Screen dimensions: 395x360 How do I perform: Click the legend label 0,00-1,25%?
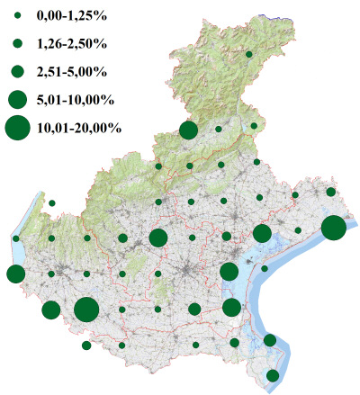[72, 16]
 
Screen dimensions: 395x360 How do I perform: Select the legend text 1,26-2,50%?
[72, 43]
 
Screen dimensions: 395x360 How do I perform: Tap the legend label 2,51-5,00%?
[72, 70]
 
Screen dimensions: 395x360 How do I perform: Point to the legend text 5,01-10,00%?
[76, 98]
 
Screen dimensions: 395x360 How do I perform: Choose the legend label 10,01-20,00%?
[79, 128]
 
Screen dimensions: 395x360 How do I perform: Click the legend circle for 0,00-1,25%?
[17, 16]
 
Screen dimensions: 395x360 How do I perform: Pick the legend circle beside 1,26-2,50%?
[17, 43]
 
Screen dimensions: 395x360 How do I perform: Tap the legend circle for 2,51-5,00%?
[17, 70]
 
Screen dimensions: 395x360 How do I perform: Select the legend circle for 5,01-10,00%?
[17, 98]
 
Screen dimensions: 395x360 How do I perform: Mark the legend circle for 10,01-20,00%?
[17, 128]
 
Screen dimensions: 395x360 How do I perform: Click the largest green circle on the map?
[86, 310]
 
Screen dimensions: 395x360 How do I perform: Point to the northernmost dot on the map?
[248, 55]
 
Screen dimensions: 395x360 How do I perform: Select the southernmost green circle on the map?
[273, 375]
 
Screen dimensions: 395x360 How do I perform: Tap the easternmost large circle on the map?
[333, 228]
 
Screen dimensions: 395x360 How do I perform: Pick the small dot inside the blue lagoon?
[265, 268]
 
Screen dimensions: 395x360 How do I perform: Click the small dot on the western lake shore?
[17, 238]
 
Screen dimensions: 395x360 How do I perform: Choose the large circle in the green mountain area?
[188, 130]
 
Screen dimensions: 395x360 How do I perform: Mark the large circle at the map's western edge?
[15, 274]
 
